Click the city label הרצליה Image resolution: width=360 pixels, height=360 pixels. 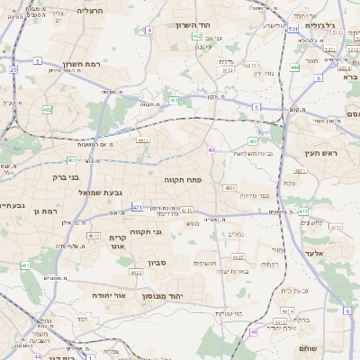pos(90,10)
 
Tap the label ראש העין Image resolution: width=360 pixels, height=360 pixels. pos(320,153)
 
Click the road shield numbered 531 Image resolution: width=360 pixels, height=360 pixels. pos(293,29)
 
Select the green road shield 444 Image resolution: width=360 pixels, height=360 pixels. pos(295,67)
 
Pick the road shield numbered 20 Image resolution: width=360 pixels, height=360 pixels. pos(13,68)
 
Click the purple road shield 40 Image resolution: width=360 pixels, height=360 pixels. pos(211,149)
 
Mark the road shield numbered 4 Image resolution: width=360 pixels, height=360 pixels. pos(148,30)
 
